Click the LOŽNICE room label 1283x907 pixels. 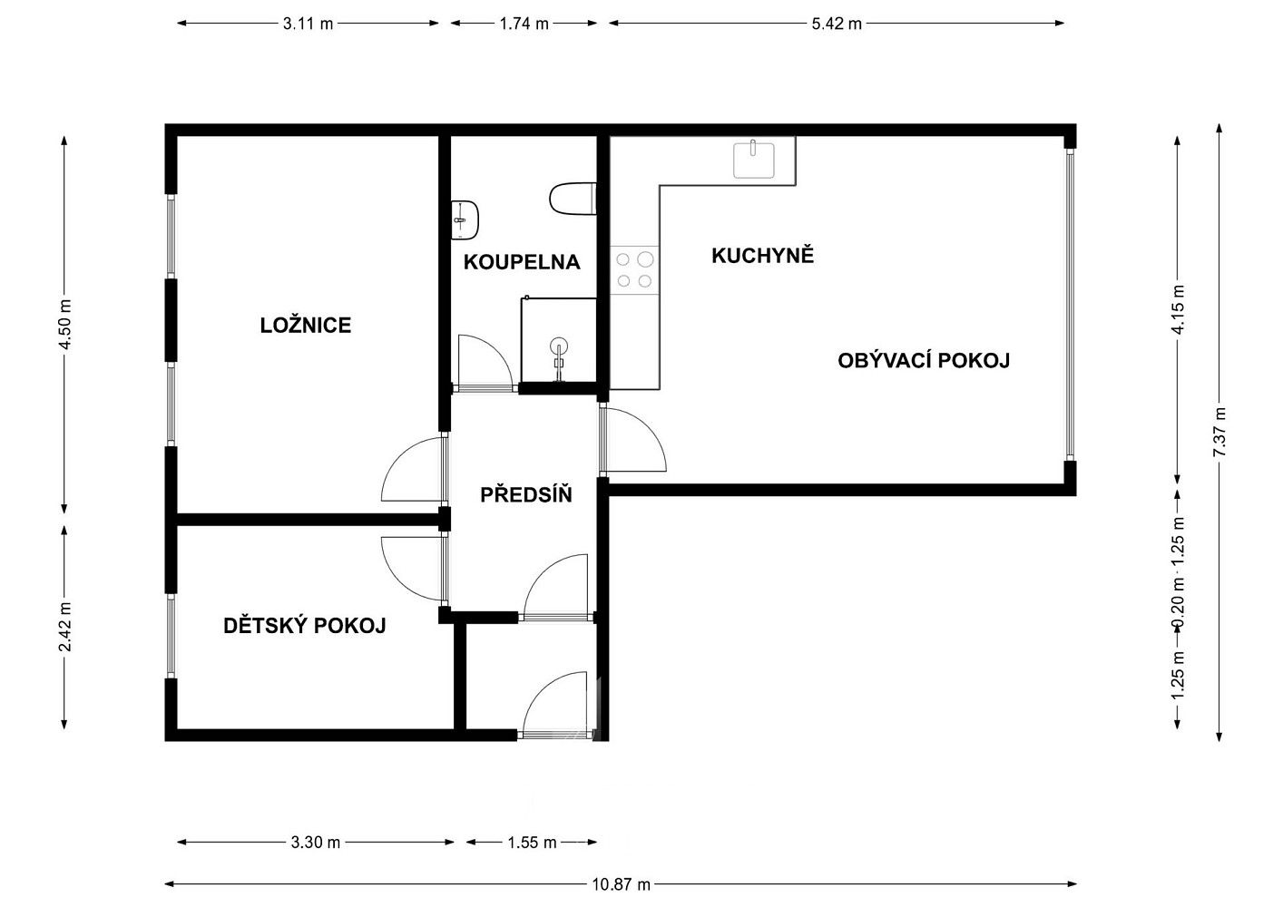click(x=305, y=326)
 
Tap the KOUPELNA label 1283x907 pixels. click(x=521, y=262)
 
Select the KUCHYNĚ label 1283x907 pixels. click(x=762, y=256)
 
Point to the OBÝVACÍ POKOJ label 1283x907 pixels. click(x=924, y=360)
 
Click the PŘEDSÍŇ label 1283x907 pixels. click(x=525, y=494)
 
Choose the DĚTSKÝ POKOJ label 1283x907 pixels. click(x=304, y=625)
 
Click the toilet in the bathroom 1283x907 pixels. click(x=573, y=200)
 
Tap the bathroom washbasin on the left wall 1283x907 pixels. click(x=465, y=219)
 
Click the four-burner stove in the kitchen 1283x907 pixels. click(x=634, y=269)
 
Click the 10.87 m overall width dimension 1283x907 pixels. click(x=621, y=884)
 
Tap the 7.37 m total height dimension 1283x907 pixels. click(x=1219, y=432)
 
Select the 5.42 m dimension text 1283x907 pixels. click(x=837, y=24)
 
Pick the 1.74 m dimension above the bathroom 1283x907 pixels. click(x=524, y=24)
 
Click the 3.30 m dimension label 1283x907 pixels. click(x=315, y=843)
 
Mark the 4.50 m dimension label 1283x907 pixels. click(x=64, y=324)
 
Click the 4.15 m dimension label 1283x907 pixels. click(x=1178, y=309)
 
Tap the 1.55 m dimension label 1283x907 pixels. click(x=532, y=843)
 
